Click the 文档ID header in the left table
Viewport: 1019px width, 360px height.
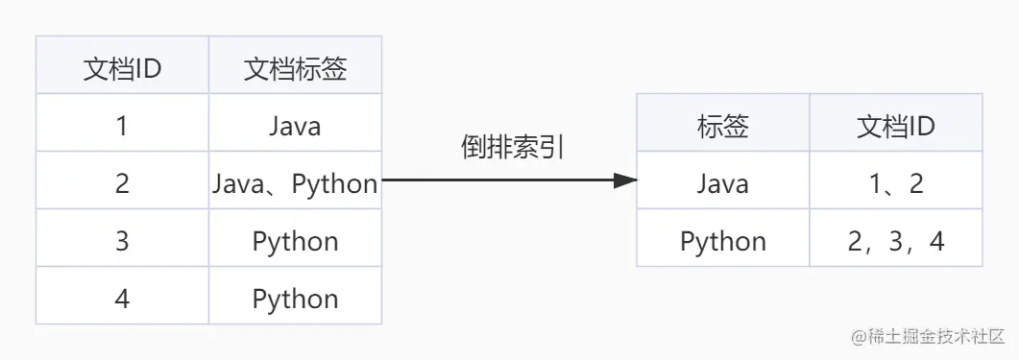pyautogui.click(x=122, y=69)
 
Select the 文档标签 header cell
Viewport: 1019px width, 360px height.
pyautogui.click(x=295, y=69)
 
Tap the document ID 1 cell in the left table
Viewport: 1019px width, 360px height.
pyautogui.click(x=122, y=126)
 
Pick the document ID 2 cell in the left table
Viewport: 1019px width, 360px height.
pyautogui.click(x=122, y=183)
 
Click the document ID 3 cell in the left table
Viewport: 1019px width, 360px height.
pyautogui.click(x=122, y=241)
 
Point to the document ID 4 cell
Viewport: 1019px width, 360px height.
pyautogui.click(x=122, y=299)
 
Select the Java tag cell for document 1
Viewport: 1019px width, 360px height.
pyautogui.click(x=295, y=126)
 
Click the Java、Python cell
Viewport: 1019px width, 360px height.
pyautogui.click(x=295, y=183)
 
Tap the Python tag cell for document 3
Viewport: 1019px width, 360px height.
pyautogui.click(x=295, y=241)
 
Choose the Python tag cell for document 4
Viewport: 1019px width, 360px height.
pyautogui.click(x=295, y=299)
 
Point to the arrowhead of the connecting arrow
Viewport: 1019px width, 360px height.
pyautogui.click(x=625, y=180)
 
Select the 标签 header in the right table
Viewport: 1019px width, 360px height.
pyautogui.click(x=722, y=126)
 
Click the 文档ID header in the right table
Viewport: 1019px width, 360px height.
pyautogui.click(x=895, y=126)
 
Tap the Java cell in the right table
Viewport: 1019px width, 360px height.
pyautogui.click(x=722, y=183)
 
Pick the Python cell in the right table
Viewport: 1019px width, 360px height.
pyautogui.click(x=722, y=241)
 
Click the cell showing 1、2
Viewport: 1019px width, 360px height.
pyautogui.click(x=895, y=183)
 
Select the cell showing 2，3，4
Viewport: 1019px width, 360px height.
pyautogui.click(x=895, y=241)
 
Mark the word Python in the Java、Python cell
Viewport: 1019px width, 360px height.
pyautogui.click(x=335, y=183)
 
